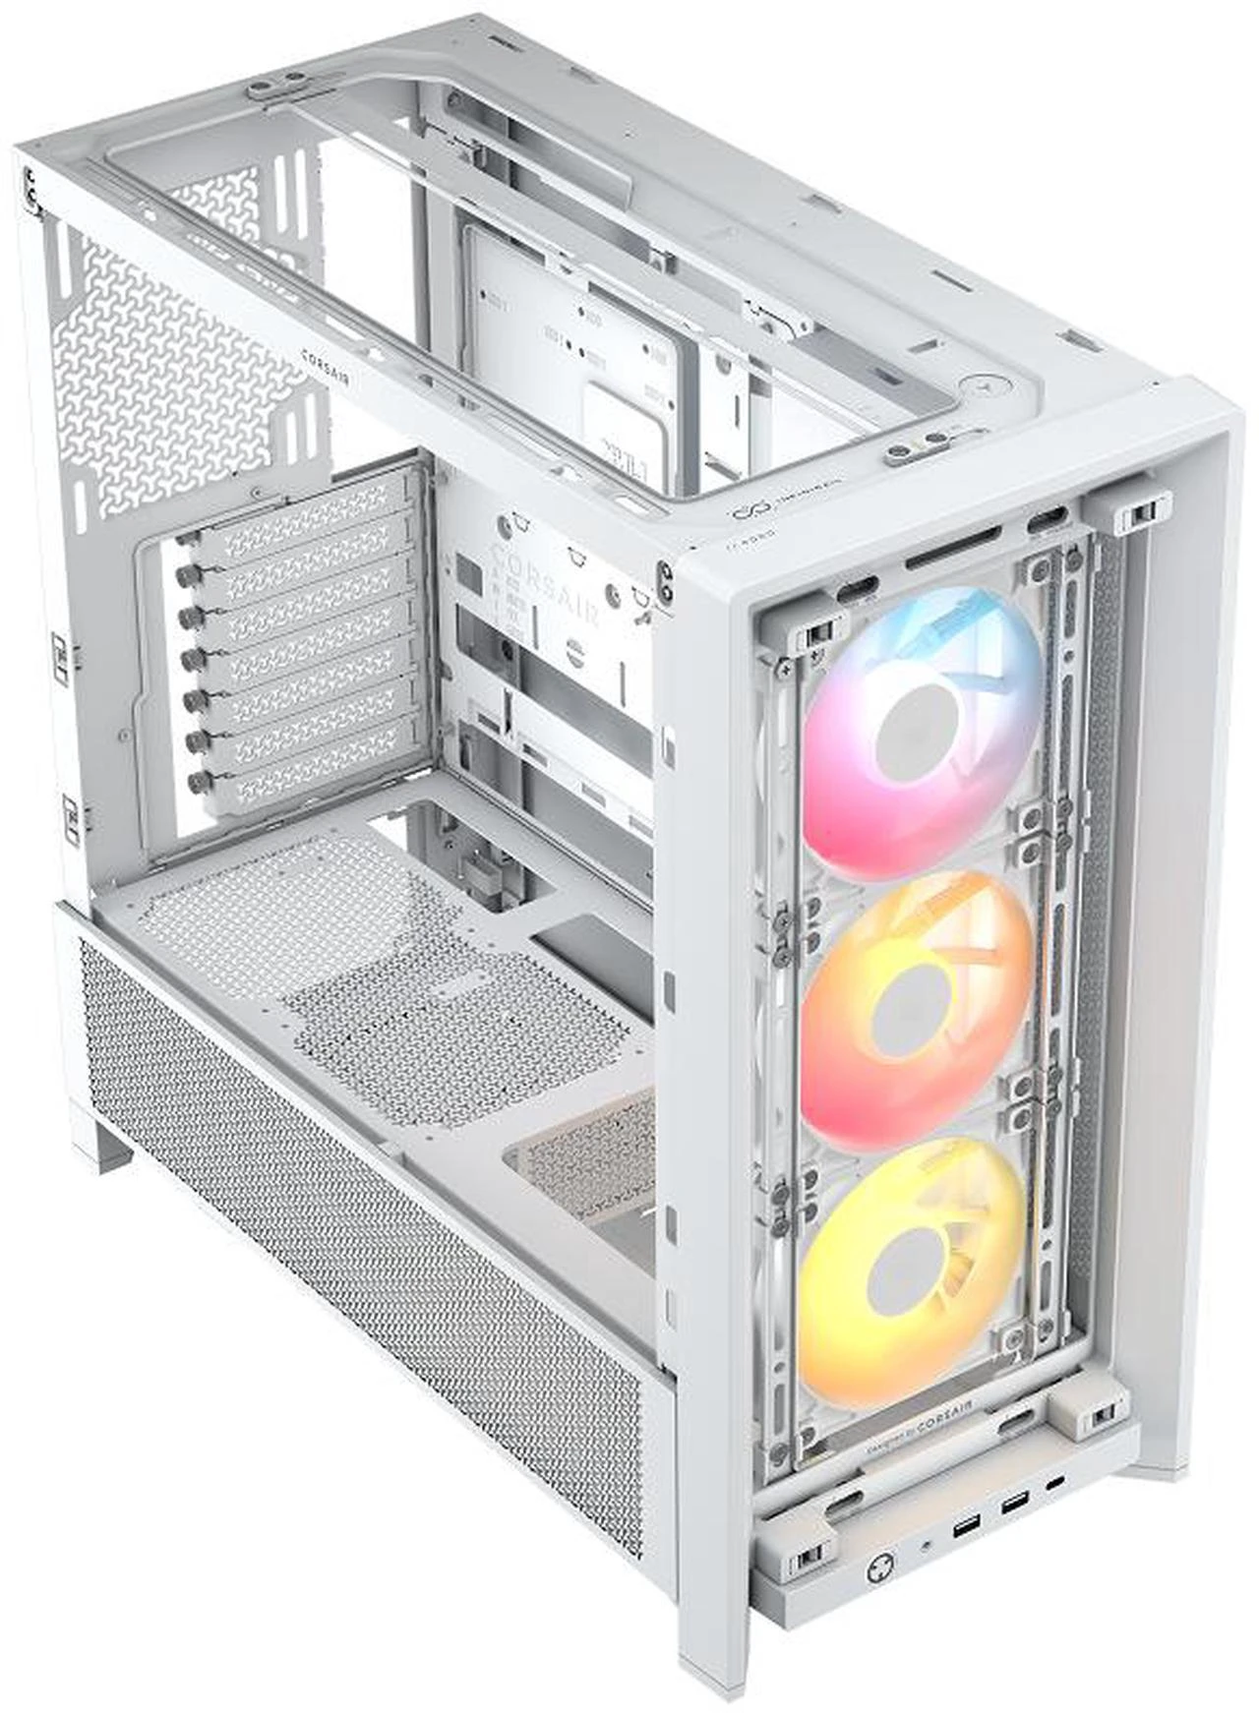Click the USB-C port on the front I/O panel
(x=1055, y=1482)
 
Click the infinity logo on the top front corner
(x=744, y=513)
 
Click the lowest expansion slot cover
(x=315, y=777)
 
